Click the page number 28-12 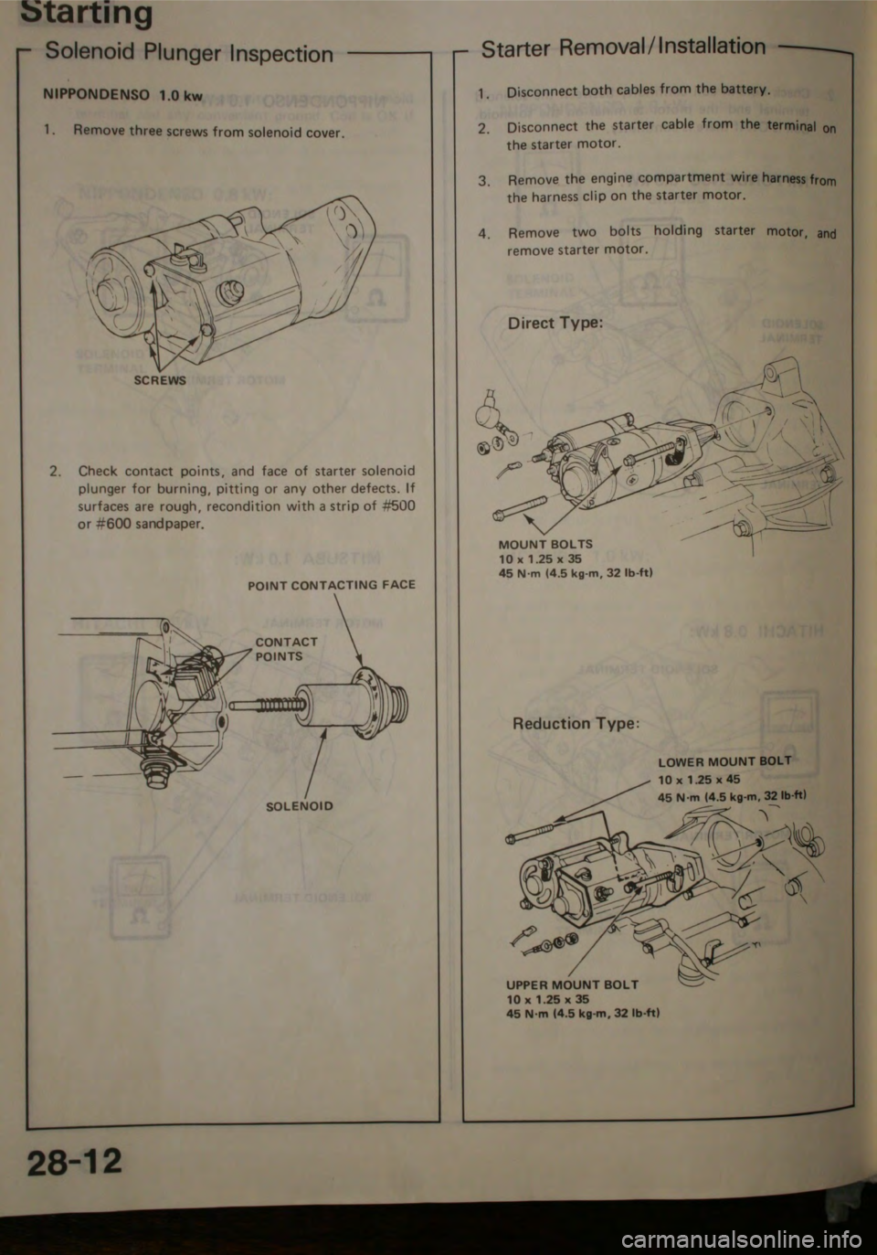75,1165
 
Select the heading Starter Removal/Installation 623,45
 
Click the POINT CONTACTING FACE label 332,584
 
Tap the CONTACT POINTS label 286,649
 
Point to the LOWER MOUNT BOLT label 724,760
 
